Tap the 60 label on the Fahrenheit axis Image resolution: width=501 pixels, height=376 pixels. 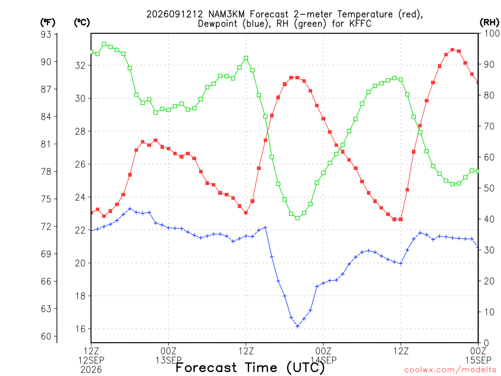(46, 336)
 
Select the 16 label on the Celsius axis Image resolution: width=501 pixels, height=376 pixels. (81, 329)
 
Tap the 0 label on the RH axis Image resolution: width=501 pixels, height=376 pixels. (486, 343)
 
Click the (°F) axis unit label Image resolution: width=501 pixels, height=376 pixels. (47, 23)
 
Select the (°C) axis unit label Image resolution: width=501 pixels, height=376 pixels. (82, 23)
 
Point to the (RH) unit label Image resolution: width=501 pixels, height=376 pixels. (489, 23)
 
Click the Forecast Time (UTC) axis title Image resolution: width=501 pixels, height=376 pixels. (250, 367)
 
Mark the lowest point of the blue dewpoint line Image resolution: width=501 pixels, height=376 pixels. (297, 326)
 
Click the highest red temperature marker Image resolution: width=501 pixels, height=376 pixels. (452, 50)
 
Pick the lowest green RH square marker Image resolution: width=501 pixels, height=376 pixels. (297, 218)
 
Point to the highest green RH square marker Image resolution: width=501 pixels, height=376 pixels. (104, 44)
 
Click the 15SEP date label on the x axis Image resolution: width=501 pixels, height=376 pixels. (478, 360)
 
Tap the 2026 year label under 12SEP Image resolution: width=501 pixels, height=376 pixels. (91, 370)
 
